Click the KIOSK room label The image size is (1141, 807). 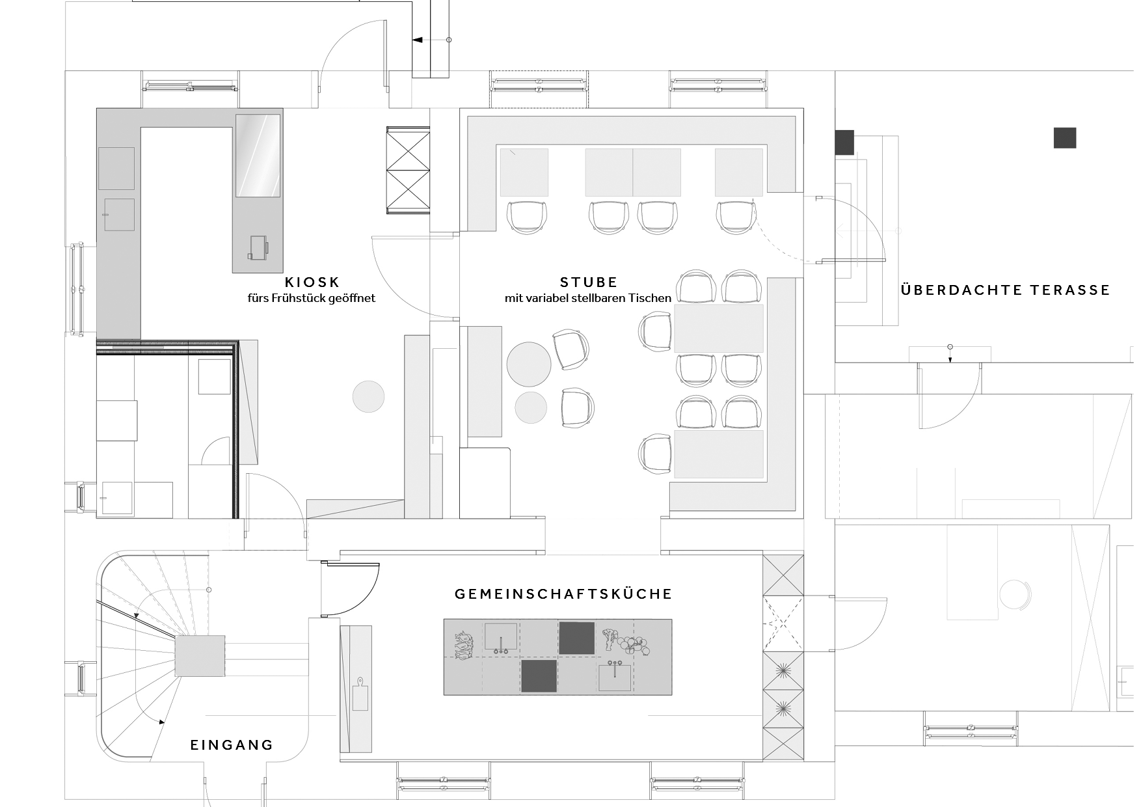(x=312, y=282)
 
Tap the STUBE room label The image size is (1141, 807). (x=589, y=282)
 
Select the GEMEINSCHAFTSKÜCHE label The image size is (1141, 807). (x=563, y=594)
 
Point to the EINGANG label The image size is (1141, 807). (x=232, y=745)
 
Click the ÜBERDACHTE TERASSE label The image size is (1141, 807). (x=1006, y=290)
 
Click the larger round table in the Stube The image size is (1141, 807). (x=529, y=364)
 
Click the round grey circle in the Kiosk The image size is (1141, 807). (x=369, y=396)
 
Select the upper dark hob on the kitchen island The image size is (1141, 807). (x=576, y=638)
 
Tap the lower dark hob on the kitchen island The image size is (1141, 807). (x=539, y=676)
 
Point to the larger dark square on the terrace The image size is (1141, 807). (x=1065, y=138)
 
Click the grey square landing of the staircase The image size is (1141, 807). (x=200, y=657)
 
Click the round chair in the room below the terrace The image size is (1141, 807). (x=1015, y=594)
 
